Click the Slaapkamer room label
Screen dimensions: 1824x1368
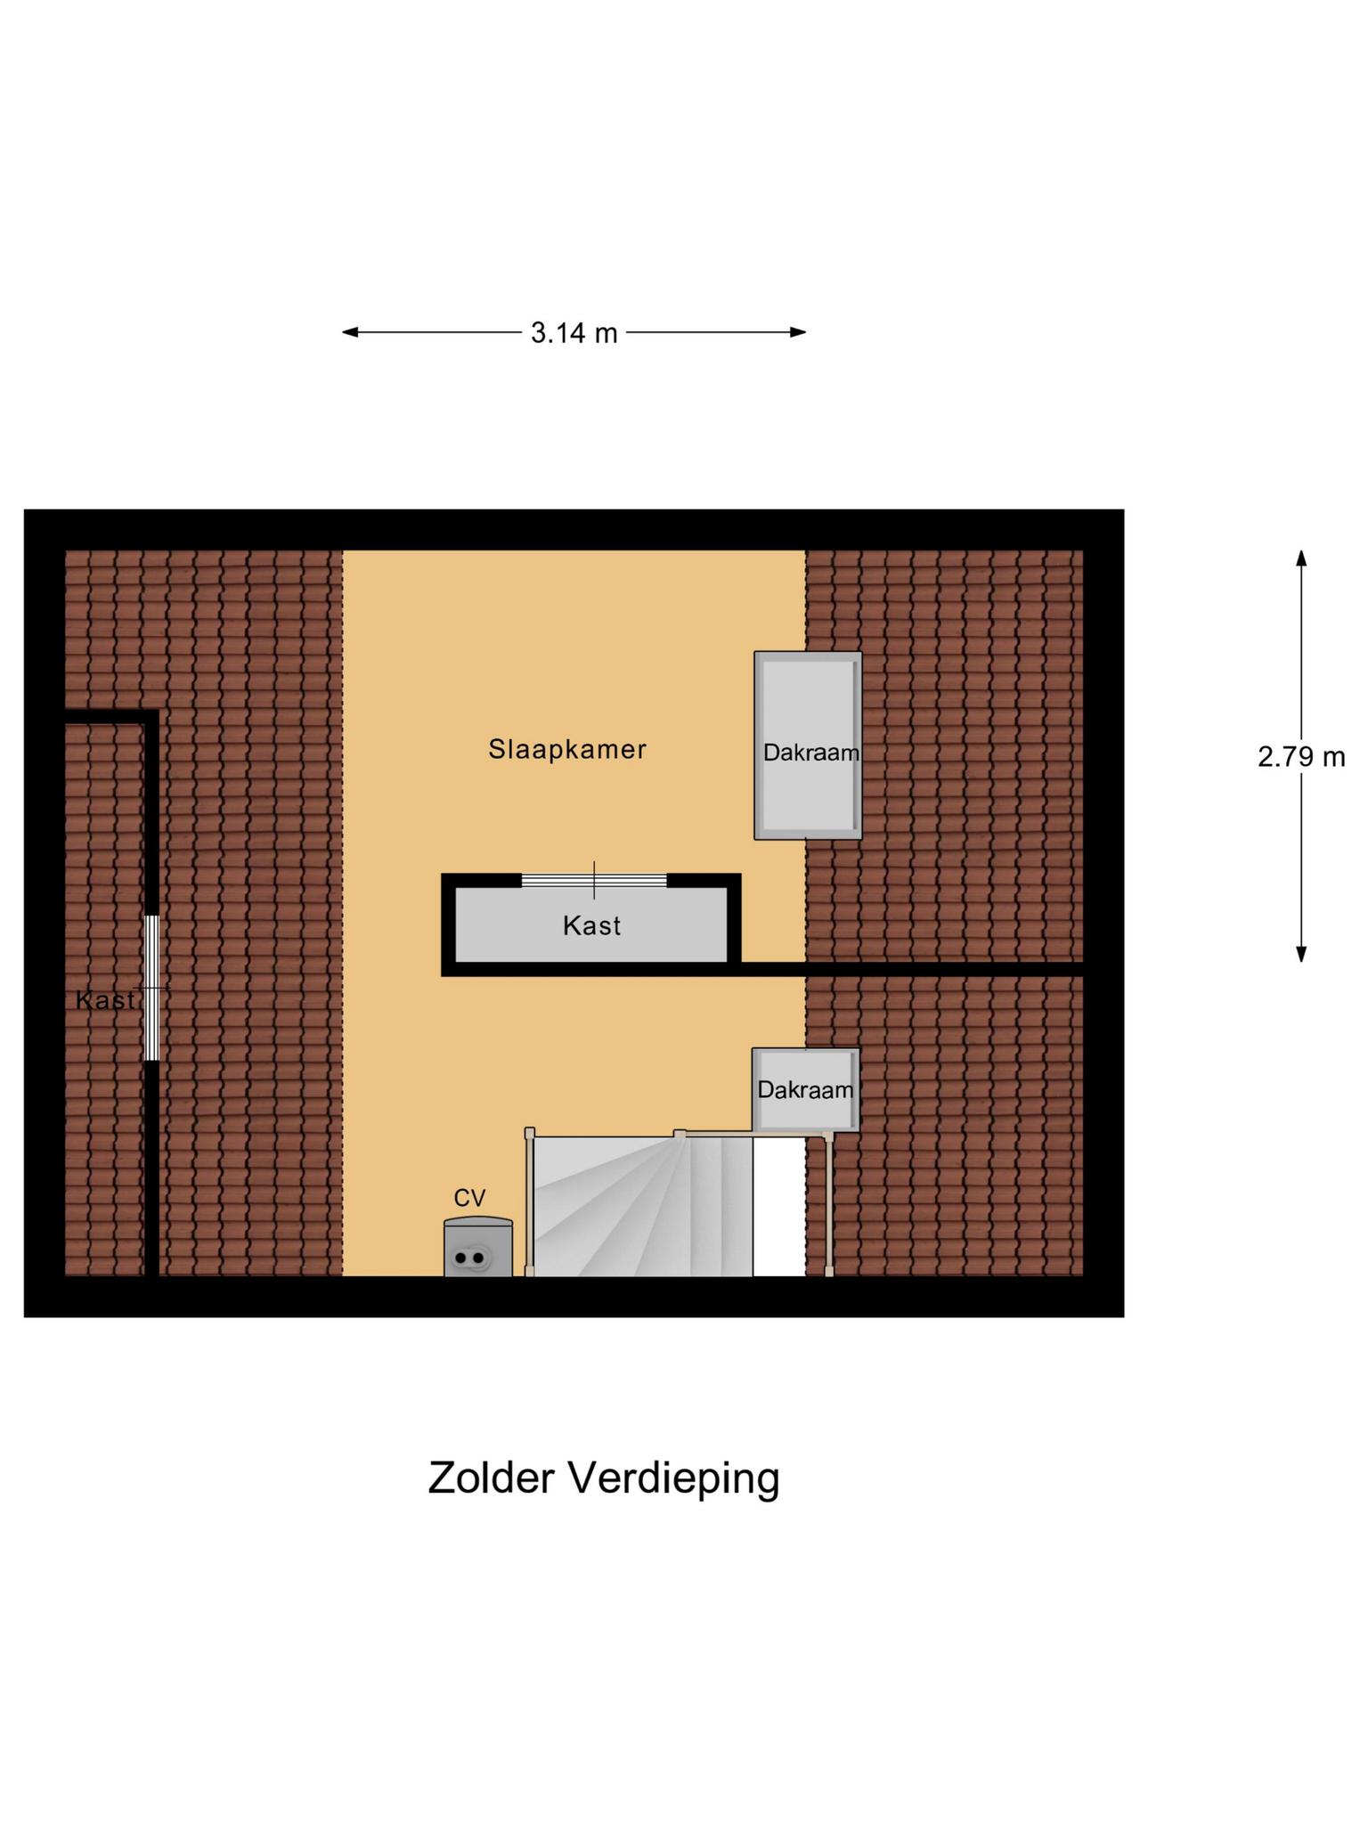(x=566, y=749)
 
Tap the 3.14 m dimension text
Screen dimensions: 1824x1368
(x=574, y=333)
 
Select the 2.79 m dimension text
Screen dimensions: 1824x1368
(x=1300, y=757)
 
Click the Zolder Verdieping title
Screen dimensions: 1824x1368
(x=603, y=1478)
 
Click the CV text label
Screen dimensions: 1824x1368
(x=469, y=1198)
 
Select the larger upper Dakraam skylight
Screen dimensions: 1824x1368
(x=808, y=745)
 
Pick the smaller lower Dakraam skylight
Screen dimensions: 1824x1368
(x=805, y=1089)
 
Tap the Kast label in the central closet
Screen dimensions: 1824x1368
(x=591, y=926)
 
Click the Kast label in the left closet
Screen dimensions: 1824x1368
(x=105, y=1000)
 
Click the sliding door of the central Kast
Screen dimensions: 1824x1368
(x=594, y=881)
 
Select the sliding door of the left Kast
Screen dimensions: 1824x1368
(x=152, y=988)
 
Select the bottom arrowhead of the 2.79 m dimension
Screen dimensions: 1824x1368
(x=1301, y=954)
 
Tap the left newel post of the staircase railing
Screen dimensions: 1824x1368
(x=530, y=1134)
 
